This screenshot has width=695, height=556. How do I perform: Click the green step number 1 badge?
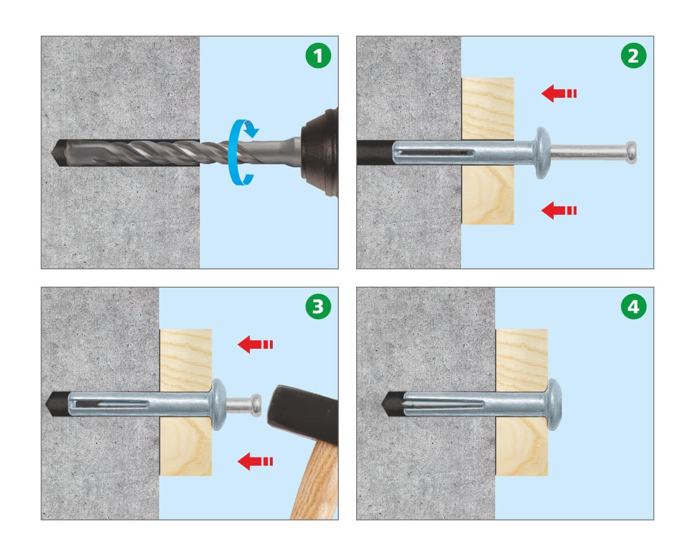[x=318, y=56]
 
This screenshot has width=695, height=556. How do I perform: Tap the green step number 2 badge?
[x=634, y=56]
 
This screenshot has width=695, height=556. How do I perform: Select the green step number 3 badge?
[x=318, y=306]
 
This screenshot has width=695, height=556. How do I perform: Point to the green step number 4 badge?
[x=634, y=306]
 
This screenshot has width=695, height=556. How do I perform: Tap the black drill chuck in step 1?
[x=320, y=152]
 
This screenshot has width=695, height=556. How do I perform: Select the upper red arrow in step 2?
[x=559, y=94]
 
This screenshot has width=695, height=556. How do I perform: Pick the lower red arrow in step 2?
[x=559, y=211]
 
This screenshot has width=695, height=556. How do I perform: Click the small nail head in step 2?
[x=631, y=152]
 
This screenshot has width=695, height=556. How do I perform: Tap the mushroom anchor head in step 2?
[x=543, y=153]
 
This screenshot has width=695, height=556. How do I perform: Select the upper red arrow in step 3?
[x=255, y=345]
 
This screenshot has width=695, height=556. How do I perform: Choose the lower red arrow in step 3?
[x=255, y=462]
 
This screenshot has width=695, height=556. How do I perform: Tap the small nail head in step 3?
[x=256, y=405]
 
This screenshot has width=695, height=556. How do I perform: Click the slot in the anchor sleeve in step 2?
[x=433, y=152]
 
